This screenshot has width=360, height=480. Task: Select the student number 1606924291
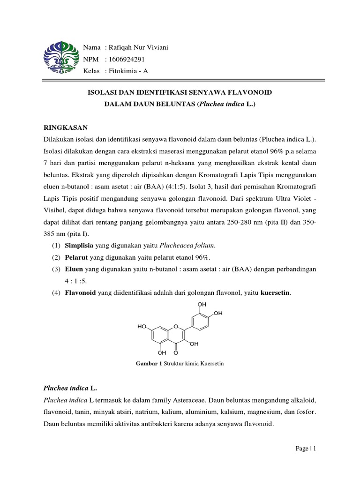127,60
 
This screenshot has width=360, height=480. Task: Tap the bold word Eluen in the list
74,270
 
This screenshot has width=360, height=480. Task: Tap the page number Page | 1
306,449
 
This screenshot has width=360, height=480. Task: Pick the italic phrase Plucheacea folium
188,246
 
